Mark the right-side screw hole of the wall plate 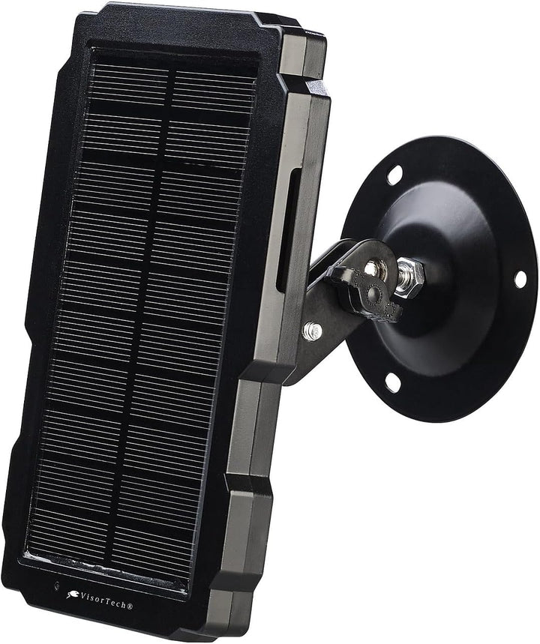(520, 279)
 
